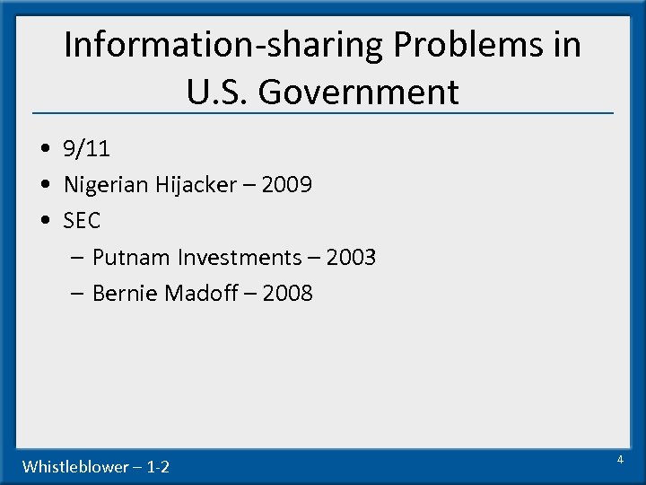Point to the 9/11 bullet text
point(87,150)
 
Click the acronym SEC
point(83,220)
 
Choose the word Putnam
point(131,258)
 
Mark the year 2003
point(351,258)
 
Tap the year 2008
point(288,294)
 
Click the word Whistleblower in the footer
point(75,466)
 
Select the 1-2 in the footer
point(157,466)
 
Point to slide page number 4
point(619,460)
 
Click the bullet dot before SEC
point(45,221)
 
